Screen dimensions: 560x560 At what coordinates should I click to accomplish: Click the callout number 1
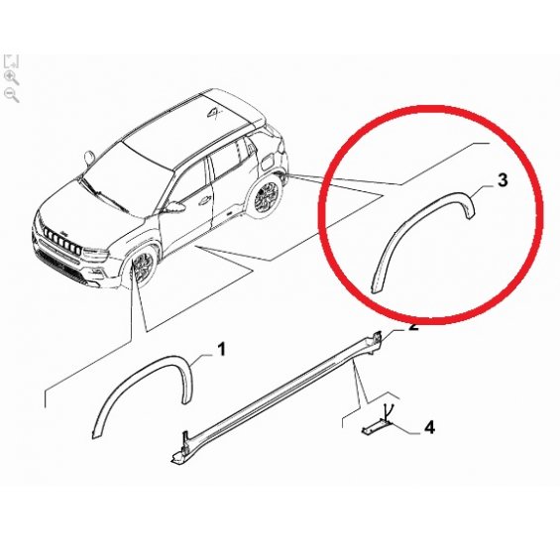pos(222,349)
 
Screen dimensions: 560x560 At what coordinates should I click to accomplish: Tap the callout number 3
pos(503,180)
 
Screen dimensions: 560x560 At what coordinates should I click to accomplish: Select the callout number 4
pos(429,427)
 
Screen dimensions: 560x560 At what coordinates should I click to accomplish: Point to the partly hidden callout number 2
pos(413,326)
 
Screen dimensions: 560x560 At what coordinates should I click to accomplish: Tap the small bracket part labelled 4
pos(376,427)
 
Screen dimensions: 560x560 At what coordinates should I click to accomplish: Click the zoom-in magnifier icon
pos(12,78)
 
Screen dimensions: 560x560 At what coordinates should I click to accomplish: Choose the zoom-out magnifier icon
pos(12,96)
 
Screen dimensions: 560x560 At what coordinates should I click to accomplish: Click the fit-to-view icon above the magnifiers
pos(11,61)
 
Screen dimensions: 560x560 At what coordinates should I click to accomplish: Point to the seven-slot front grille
pos(61,241)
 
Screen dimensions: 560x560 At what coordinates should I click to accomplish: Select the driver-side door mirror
pos(176,206)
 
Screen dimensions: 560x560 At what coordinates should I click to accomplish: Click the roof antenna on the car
pos(214,113)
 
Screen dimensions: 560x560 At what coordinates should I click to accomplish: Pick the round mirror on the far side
pos(89,158)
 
